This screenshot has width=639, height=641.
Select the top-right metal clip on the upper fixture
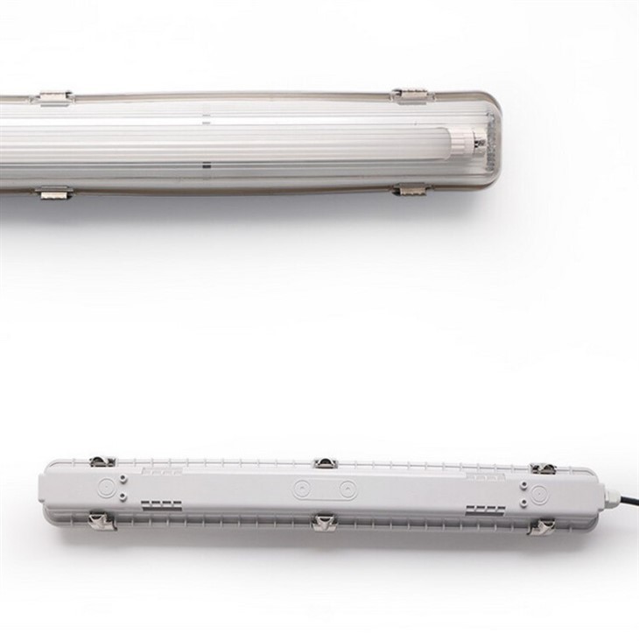[x=409, y=93]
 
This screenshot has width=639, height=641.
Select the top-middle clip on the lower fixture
[x=325, y=462]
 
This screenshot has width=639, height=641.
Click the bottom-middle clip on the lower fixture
[x=324, y=522]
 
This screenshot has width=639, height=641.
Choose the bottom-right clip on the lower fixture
[x=543, y=525]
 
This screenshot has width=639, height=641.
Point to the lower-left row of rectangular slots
[x=161, y=505]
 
